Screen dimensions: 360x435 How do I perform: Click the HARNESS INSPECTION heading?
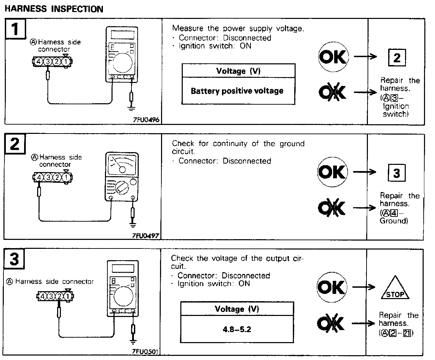click(x=54, y=9)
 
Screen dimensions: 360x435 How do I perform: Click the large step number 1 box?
click(x=15, y=28)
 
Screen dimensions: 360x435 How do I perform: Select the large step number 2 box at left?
click(x=14, y=144)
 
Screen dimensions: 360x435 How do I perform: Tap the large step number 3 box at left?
click(x=14, y=259)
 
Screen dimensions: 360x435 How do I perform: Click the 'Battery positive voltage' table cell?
click(x=237, y=91)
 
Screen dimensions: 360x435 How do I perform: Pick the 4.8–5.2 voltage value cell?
click(x=237, y=329)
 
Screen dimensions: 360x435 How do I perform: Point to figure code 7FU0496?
click(x=146, y=120)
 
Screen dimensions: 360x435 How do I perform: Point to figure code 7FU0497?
click(x=146, y=235)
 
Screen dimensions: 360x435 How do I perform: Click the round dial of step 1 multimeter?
click(x=122, y=62)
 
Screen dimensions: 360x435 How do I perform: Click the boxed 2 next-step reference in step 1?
click(x=396, y=57)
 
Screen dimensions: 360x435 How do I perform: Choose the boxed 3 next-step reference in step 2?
click(x=396, y=173)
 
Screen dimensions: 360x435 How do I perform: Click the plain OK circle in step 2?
click(x=332, y=172)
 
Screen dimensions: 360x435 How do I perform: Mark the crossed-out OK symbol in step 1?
click(x=332, y=92)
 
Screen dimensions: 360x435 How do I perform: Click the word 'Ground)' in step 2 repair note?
click(x=394, y=221)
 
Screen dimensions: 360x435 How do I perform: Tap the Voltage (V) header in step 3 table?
click(x=237, y=309)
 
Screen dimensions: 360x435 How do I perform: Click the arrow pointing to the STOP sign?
click(x=364, y=287)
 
